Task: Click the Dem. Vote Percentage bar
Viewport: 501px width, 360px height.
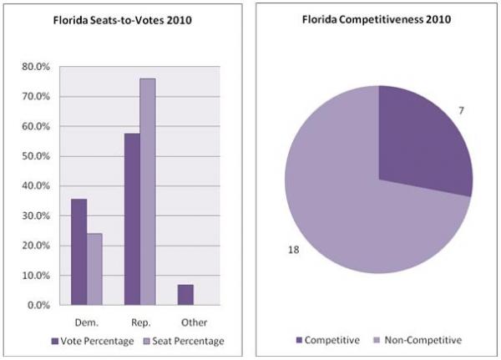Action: point(78,251)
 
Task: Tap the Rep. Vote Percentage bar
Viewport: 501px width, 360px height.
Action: point(132,219)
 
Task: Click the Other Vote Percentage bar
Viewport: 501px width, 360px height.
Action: point(185,295)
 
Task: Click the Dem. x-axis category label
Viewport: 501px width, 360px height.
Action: point(86,321)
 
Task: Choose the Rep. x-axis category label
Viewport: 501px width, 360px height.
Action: point(139,321)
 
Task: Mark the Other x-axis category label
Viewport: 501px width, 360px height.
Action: point(193,321)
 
